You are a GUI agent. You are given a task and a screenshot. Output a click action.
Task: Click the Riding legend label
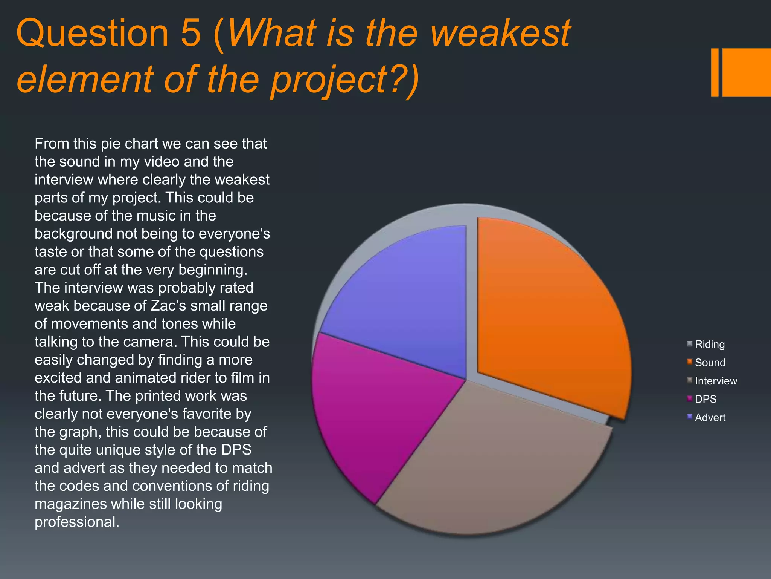(x=710, y=344)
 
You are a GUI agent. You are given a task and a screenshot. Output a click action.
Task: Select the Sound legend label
(x=710, y=363)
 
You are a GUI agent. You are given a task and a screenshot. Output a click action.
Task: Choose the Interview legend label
(x=716, y=381)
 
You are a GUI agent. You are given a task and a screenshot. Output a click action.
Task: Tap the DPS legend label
(x=705, y=399)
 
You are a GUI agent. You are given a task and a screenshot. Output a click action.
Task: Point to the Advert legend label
(x=710, y=417)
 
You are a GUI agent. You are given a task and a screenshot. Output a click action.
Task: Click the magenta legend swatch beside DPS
(x=690, y=398)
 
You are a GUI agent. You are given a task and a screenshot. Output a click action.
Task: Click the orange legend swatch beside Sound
(x=690, y=362)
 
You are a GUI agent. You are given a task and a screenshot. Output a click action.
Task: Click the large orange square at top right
(x=747, y=72)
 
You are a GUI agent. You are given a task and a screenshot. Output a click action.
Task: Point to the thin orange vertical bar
(x=715, y=72)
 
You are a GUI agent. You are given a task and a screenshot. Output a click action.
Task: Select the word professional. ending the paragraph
(x=77, y=522)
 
